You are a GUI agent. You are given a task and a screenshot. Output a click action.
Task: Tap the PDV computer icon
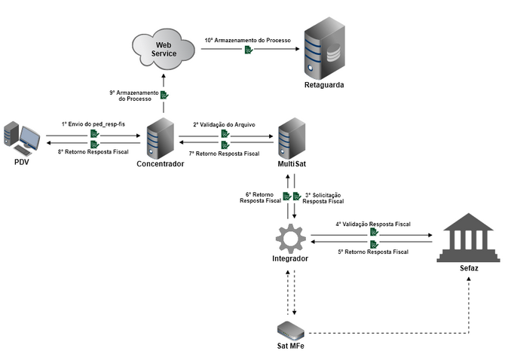click(x=21, y=138)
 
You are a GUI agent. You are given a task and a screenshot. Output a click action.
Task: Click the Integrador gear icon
click(x=290, y=239)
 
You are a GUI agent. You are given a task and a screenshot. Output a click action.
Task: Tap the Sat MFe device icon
click(x=291, y=329)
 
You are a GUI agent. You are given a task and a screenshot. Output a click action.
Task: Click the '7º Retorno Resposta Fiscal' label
click(x=223, y=154)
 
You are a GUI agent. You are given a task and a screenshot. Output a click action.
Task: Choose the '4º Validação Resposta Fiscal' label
click(x=373, y=224)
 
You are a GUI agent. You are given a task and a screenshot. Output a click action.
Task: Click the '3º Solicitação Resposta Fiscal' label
click(x=323, y=198)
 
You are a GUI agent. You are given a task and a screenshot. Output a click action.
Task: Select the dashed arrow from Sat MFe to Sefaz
click(x=392, y=332)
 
